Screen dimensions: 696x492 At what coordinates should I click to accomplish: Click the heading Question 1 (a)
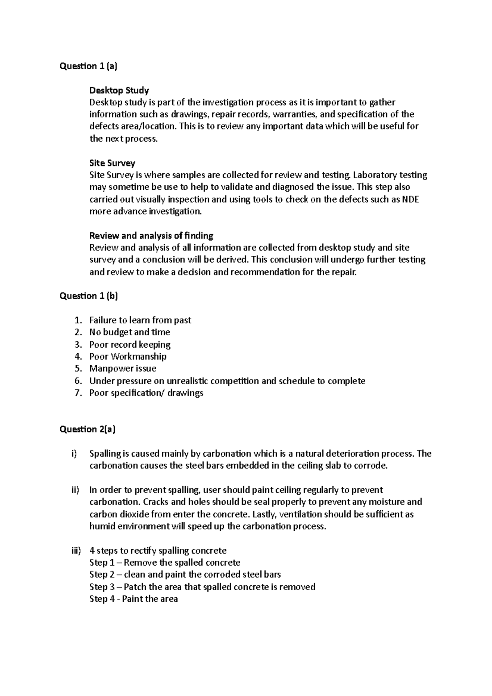pos(88,66)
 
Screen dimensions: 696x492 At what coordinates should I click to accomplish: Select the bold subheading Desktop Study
pos(119,90)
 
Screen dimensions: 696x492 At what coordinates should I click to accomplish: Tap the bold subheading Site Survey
pos(112,163)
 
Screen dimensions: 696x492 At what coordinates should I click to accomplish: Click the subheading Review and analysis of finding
pos(151,236)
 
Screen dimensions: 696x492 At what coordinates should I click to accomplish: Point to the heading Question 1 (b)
pos(89,296)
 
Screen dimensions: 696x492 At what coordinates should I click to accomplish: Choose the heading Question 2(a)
pos(87,429)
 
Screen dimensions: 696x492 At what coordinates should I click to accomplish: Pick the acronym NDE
pos(410,200)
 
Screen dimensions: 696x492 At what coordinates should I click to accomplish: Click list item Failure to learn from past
pos(140,320)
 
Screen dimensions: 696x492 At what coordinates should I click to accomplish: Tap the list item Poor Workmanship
pos(128,356)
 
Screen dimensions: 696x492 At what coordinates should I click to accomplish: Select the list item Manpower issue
pos(123,368)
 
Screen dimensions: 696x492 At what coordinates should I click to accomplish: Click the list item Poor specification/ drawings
pos(146,393)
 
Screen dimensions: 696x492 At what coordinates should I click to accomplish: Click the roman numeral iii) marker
pos(75,550)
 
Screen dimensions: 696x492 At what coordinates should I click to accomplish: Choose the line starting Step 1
pos(164,562)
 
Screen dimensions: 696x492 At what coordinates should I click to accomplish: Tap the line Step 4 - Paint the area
pos(133,599)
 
